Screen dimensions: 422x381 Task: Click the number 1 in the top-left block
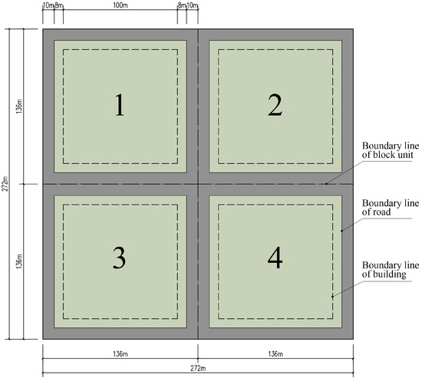120,105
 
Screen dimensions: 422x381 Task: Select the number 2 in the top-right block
275,105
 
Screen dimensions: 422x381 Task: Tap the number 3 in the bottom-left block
119,258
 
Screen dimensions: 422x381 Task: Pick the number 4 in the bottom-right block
275,258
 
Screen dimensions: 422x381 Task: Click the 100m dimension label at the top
120,5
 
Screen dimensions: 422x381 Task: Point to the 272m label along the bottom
198,368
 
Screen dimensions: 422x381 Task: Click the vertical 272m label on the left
5,184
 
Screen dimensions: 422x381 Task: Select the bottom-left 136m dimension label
120,353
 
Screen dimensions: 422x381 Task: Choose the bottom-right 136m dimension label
275,353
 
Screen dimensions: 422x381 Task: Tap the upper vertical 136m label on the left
19,107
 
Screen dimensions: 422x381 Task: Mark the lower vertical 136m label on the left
19,261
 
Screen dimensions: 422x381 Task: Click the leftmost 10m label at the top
48,5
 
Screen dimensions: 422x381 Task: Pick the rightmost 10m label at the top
193,5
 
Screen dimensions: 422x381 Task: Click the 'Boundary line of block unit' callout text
391,150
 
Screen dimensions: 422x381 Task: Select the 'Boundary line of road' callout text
391,207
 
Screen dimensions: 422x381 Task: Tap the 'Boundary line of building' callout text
391,270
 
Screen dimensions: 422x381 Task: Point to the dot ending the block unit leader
326,184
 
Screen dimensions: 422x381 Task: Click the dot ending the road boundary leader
341,231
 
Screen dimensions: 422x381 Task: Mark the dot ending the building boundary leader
333,297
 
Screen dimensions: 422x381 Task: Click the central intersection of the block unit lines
198,184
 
